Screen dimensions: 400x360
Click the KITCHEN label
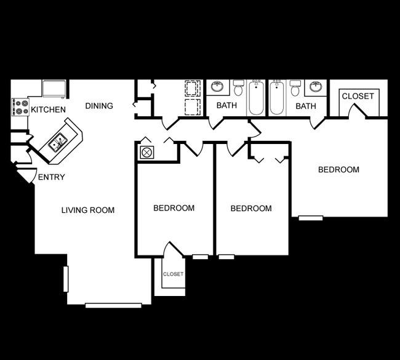pyautogui.click(x=48, y=110)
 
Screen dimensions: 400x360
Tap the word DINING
pyautogui.click(x=99, y=106)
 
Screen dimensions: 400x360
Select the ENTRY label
pyautogui.click(x=51, y=177)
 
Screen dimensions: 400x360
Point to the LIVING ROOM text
pyautogui.click(x=88, y=210)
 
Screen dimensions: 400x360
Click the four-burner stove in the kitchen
pyautogui.click(x=20, y=107)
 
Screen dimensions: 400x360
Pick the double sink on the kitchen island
pyautogui.click(x=58, y=143)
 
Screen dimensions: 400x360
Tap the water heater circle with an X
pyautogui.click(x=146, y=153)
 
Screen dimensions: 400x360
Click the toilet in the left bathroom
pyautogui.click(x=238, y=87)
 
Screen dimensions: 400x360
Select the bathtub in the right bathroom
pyautogui.click(x=276, y=97)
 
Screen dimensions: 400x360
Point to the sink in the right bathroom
pyautogui.click(x=316, y=87)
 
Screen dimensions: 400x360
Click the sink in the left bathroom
pyautogui.click(x=217, y=87)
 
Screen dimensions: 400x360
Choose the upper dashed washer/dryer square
pyautogui.click(x=193, y=89)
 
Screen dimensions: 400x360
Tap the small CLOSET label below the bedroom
pyautogui.click(x=173, y=274)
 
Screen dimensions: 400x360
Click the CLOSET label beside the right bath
pyautogui.click(x=358, y=96)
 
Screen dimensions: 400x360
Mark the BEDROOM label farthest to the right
pyautogui.click(x=338, y=170)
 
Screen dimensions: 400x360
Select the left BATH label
pyautogui.click(x=226, y=105)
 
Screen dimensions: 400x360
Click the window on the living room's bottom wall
pyautogui.click(x=113, y=305)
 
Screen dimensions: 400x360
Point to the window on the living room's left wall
pyautogui.click(x=66, y=279)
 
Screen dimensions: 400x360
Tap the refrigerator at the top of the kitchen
pyautogui.click(x=54, y=89)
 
